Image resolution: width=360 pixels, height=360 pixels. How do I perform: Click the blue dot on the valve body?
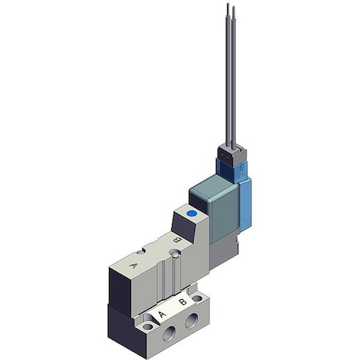click(x=191, y=214)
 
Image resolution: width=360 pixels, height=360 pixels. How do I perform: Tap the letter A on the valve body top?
click(x=133, y=266)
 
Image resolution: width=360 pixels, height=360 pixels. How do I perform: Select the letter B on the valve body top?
click(x=177, y=240)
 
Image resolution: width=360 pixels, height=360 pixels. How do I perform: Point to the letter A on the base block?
click(x=162, y=314)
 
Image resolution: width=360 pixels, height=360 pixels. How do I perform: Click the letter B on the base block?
click(x=182, y=302)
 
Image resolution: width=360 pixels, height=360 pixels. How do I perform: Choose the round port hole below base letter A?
click(x=169, y=333)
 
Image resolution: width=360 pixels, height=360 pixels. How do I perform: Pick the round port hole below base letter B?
click(x=191, y=320)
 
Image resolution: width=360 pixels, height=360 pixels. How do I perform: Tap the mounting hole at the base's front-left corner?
click(x=147, y=326)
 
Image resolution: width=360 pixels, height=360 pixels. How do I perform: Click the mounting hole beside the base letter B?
click(x=197, y=298)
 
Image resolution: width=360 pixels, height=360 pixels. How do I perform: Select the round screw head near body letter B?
click(x=175, y=253)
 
